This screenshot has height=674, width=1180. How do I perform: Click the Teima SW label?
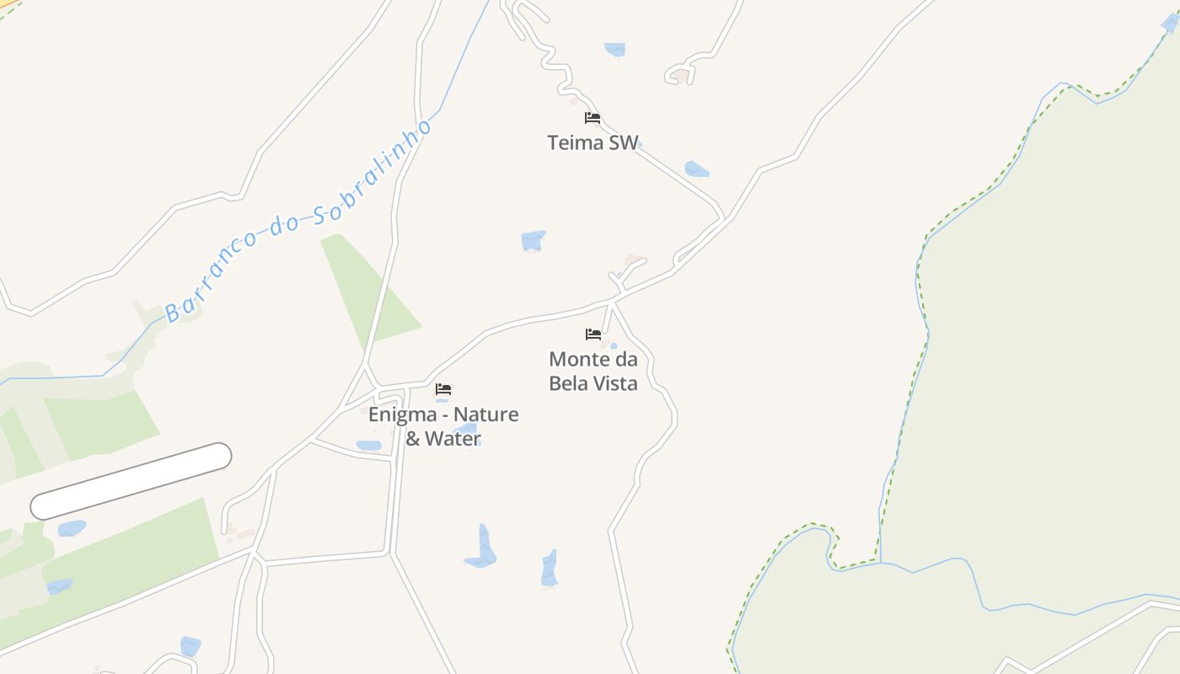click(593, 142)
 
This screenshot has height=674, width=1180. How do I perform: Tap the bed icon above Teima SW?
click(593, 118)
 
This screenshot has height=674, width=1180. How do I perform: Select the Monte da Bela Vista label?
click(593, 371)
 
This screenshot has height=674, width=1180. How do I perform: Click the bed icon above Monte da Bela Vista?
click(593, 334)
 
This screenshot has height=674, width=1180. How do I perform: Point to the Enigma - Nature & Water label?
click(443, 426)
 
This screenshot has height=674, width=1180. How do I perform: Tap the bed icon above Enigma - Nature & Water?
click(443, 389)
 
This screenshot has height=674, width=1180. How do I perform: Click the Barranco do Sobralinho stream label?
click(299, 221)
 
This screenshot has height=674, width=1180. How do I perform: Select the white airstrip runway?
click(131, 481)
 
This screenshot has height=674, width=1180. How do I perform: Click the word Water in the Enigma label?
click(453, 438)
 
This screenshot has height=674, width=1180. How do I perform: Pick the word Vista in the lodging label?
click(612, 383)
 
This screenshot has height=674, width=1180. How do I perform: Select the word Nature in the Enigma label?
click(486, 415)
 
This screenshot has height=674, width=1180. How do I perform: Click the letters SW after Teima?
click(624, 142)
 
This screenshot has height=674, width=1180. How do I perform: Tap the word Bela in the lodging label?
click(568, 383)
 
